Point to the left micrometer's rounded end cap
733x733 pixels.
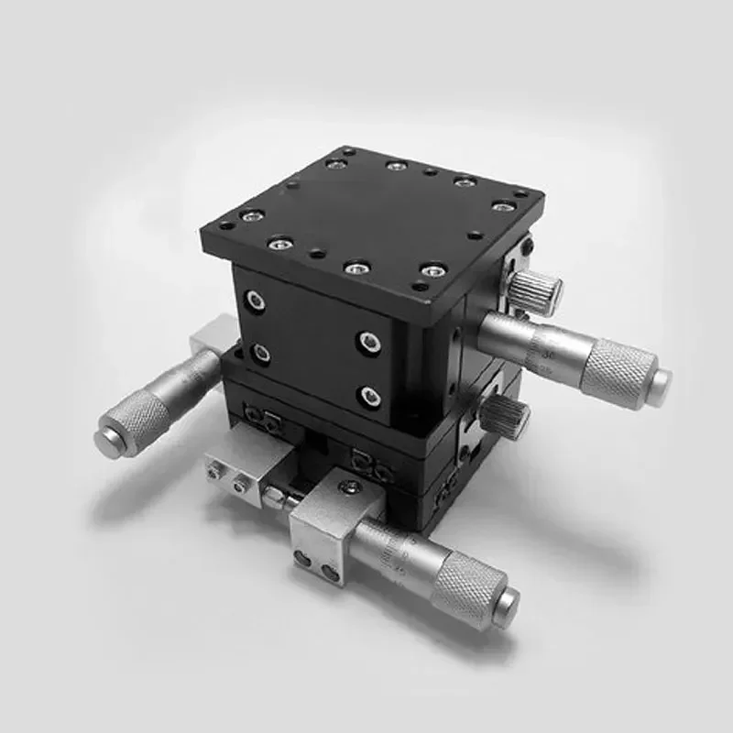point(108,439)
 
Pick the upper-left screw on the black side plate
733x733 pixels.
point(254,301)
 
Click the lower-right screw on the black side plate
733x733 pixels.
point(370,397)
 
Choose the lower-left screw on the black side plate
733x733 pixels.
point(260,352)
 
